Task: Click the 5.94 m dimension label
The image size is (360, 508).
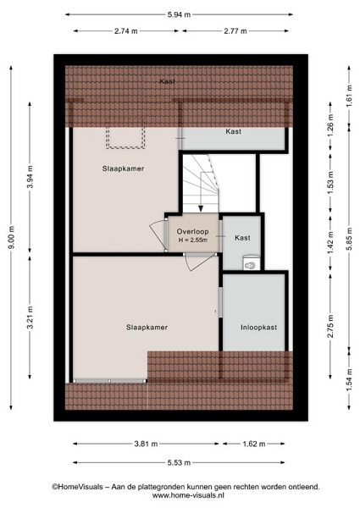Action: [x=179, y=14]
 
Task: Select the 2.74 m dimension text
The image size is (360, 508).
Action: [x=125, y=31]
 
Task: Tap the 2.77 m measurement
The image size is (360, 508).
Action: [x=235, y=31]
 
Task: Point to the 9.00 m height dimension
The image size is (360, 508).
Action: [x=11, y=238]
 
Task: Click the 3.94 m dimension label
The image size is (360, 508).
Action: [x=30, y=177]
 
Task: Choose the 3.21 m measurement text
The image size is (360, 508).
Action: [x=30, y=317]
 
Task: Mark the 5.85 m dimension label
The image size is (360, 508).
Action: [x=349, y=239]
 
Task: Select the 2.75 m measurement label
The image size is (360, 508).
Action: [x=330, y=326]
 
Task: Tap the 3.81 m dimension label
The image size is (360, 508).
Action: [x=146, y=444]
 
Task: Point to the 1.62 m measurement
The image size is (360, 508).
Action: [x=254, y=444]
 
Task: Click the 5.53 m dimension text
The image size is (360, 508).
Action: [x=179, y=462]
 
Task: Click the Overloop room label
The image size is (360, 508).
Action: [x=192, y=232]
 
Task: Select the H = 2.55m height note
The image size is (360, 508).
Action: [x=193, y=240]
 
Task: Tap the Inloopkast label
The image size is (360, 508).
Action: [x=258, y=327]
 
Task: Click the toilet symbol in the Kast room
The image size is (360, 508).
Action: [x=251, y=263]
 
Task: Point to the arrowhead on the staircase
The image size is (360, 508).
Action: [x=201, y=208]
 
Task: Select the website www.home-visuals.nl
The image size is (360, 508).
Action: [x=188, y=495]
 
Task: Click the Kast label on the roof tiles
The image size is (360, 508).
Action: [x=167, y=81]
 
